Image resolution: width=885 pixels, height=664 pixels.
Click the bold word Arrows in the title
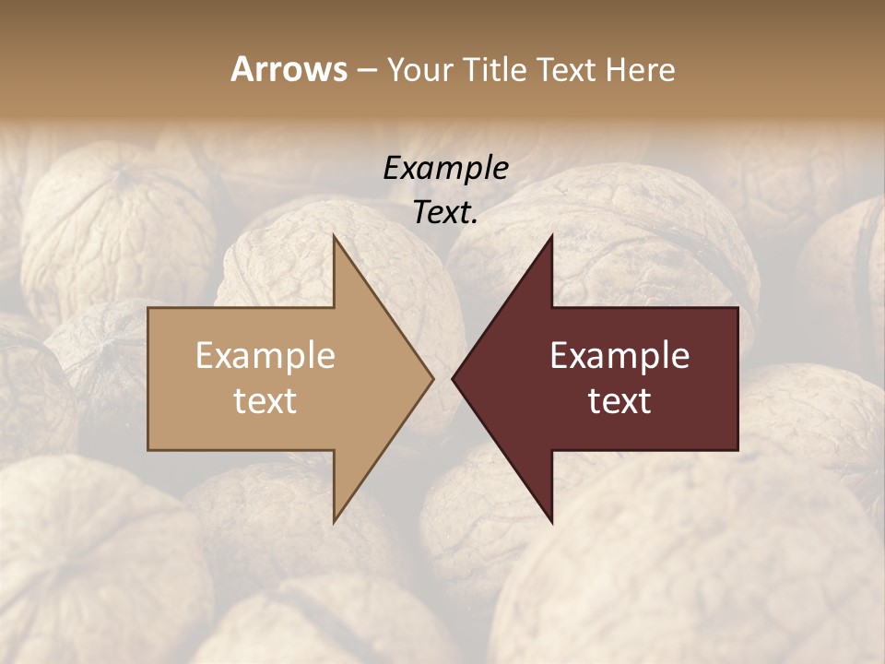coord(289,69)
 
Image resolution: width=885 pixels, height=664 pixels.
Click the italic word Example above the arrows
coord(445,169)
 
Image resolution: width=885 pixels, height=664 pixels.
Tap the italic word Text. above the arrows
coord(445,212)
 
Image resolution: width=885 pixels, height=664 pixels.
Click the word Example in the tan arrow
coord(265,356)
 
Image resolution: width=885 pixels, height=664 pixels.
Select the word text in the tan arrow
coord(265,401)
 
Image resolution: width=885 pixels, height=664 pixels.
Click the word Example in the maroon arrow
coord(619,356)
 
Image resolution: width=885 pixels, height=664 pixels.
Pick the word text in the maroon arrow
coord(619,401)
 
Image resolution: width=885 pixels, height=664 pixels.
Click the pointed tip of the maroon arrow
coord(454,378)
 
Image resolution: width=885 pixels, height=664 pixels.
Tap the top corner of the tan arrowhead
coord(335,236)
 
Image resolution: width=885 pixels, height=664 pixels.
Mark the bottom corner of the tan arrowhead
coord(335,521)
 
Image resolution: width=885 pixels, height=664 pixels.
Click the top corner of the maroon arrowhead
coord(551,236)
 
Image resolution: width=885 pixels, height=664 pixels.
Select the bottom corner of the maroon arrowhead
coord(551,521)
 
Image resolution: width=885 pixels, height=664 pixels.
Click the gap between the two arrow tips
coord(442,378)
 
